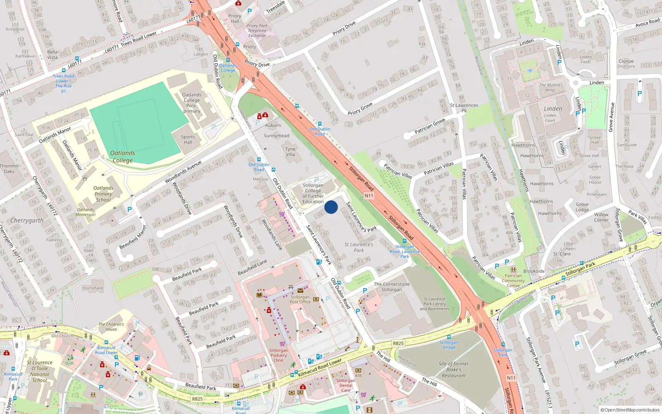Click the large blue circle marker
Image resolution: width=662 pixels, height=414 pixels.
click(331, 207)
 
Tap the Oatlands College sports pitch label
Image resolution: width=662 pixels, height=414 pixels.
click(122, 156)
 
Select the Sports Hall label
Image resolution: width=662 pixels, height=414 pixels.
click(188, 140)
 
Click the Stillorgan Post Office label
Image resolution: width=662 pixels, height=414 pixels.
click(300, 299)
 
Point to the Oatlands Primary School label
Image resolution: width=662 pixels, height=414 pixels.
click(103, 194)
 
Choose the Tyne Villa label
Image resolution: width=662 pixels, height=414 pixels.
click(290, 152)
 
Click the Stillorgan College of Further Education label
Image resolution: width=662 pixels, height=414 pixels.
click(313, 193)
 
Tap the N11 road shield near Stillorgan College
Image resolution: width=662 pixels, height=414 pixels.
click(369, 196)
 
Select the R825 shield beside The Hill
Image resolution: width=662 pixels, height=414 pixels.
click(398, 343)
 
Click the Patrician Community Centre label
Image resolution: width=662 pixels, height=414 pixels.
click(513, 280)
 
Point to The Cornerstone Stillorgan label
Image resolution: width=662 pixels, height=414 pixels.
click(392, 287)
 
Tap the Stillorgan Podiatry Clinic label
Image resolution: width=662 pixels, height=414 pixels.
click(278, 355)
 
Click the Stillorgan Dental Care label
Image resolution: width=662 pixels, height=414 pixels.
click(346, 385)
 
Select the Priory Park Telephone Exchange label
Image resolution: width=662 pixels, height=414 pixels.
click(257, 31)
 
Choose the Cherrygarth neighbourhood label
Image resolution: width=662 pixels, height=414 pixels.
click(27, 221)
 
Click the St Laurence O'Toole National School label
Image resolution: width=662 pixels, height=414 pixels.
click(40, 371)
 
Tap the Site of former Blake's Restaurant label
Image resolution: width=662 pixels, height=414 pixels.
click(454, 370)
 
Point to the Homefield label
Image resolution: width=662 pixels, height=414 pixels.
click(93, 288)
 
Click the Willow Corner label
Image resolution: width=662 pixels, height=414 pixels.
click(601, 217)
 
